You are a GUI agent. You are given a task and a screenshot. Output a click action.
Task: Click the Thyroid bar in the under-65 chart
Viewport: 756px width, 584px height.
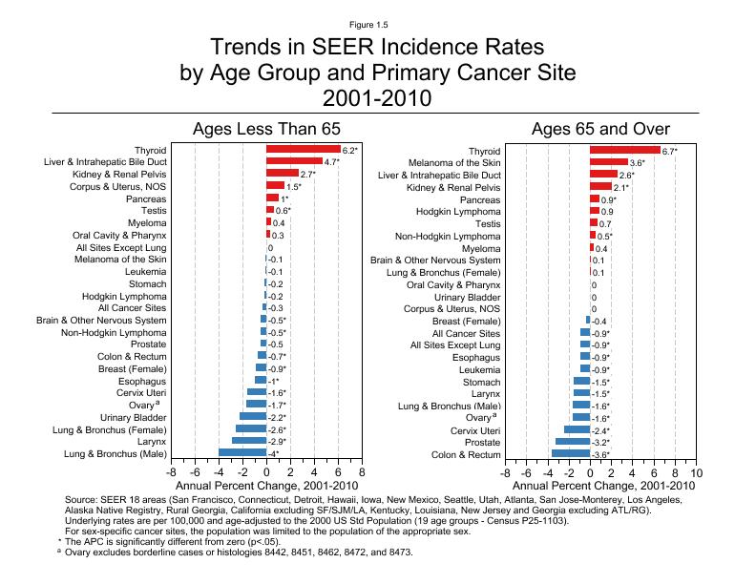point(303,150)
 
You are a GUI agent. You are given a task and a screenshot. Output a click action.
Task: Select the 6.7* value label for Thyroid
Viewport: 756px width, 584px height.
point(670,152)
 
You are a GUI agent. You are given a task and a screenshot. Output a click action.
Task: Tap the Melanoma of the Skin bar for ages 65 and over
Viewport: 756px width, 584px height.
point(609,163)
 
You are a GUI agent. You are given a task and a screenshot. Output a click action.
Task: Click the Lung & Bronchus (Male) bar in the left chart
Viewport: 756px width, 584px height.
point(242,452)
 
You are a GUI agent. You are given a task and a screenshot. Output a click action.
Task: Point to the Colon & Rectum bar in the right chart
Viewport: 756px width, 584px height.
point(571,453)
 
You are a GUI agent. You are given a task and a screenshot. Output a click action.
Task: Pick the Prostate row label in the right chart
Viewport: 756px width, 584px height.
point(484,443)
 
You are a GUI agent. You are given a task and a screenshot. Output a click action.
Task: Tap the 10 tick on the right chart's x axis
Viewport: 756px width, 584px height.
point(696,473)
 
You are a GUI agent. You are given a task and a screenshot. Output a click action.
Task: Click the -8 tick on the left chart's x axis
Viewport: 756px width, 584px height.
point(171,473)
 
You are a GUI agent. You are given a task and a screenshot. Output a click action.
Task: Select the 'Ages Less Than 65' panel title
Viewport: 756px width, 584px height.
point(266,129)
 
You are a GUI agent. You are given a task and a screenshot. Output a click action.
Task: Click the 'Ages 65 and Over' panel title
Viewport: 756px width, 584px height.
point(600,129)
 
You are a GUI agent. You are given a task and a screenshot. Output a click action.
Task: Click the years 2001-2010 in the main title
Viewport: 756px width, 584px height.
point(377,97)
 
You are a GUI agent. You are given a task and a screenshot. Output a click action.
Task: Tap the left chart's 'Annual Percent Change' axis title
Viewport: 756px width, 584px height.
point(266,487)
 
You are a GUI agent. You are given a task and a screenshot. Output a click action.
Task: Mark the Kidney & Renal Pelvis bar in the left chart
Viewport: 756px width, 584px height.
point(282,174)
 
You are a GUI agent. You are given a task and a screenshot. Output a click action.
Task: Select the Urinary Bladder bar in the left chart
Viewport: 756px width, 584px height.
point(253,416)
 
